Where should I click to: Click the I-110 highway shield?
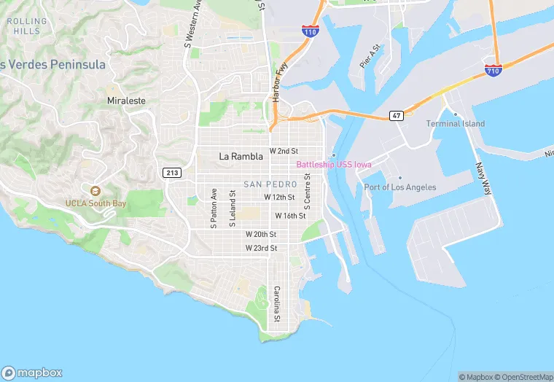tap(309, 31)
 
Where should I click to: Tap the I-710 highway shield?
tap(493, 71)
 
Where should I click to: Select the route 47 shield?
tap(397, 115)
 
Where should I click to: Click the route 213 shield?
tap(172, 172)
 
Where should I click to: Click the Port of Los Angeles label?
tap(400, 187)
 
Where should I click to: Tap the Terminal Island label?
tap(456, 124)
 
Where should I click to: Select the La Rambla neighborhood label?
tap(241, 156)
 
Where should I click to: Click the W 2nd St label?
tap(284, 151)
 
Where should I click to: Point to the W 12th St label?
tap(279, 198)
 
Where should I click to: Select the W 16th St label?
tap(290, 216)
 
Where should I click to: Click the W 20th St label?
tap(261, 234)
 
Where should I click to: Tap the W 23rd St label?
tap(261, 248)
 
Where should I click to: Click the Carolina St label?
tap(277, 304)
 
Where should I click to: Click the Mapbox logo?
tap(33, 372)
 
